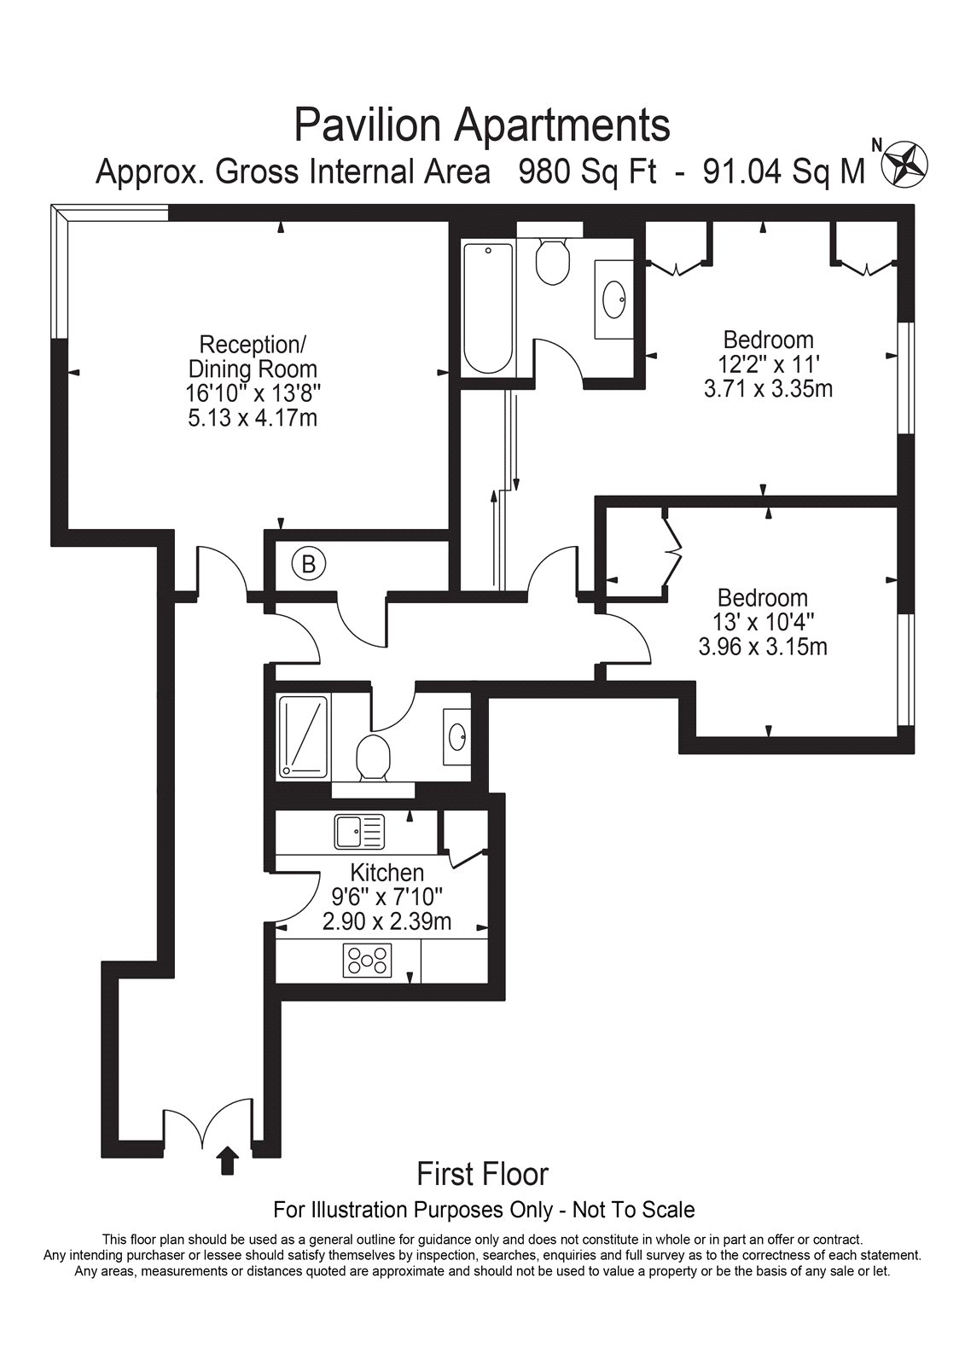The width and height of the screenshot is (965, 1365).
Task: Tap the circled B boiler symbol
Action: point(309,565)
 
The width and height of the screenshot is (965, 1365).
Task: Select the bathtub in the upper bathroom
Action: point(488,308)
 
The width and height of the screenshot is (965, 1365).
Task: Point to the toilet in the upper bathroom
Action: point(552,261)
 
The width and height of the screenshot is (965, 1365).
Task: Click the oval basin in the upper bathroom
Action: point(613,299)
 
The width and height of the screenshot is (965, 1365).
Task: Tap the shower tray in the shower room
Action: point(304,737)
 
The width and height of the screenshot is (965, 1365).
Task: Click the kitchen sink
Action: point(360,832)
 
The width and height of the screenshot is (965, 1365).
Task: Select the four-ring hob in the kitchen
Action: point(367,961)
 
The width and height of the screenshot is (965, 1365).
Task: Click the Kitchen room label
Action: point(387,873)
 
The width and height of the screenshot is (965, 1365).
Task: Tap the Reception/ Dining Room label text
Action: point(253,357)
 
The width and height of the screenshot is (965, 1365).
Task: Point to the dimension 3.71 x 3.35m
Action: point(768,388)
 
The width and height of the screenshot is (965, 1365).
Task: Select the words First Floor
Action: point(483,1174)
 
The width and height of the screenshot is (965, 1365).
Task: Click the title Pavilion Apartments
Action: point(482,125)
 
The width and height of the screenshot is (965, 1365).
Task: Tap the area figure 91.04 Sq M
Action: point(785,172)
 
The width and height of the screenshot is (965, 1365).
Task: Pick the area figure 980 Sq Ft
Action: point(588,172)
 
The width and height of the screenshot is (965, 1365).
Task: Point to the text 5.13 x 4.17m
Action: point(253,419)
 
